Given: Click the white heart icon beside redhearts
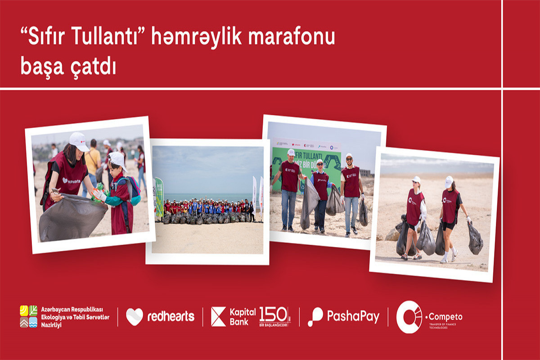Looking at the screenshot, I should [x=134, y=317].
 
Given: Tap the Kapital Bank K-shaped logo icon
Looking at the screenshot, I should [x=218, y=316].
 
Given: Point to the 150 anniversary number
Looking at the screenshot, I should [x=274, y=314].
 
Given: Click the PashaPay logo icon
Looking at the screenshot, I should [x=315, y=317].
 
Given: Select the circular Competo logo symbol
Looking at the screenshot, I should [x=409, y=317].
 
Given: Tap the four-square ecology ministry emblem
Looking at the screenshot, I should [x=28, y=316].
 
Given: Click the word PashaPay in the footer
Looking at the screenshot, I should [x=353, y=316].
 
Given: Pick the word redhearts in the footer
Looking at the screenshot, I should [x=171, y=317].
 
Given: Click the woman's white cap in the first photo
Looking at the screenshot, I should [x=79, y=141].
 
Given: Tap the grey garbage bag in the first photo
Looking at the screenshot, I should [x=72, y=217].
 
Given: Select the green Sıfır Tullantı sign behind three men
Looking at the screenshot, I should [x=306, y=157].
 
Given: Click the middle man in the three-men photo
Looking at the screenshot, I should [x=320, y=193].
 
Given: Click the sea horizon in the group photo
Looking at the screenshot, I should [x=207, y=194].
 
